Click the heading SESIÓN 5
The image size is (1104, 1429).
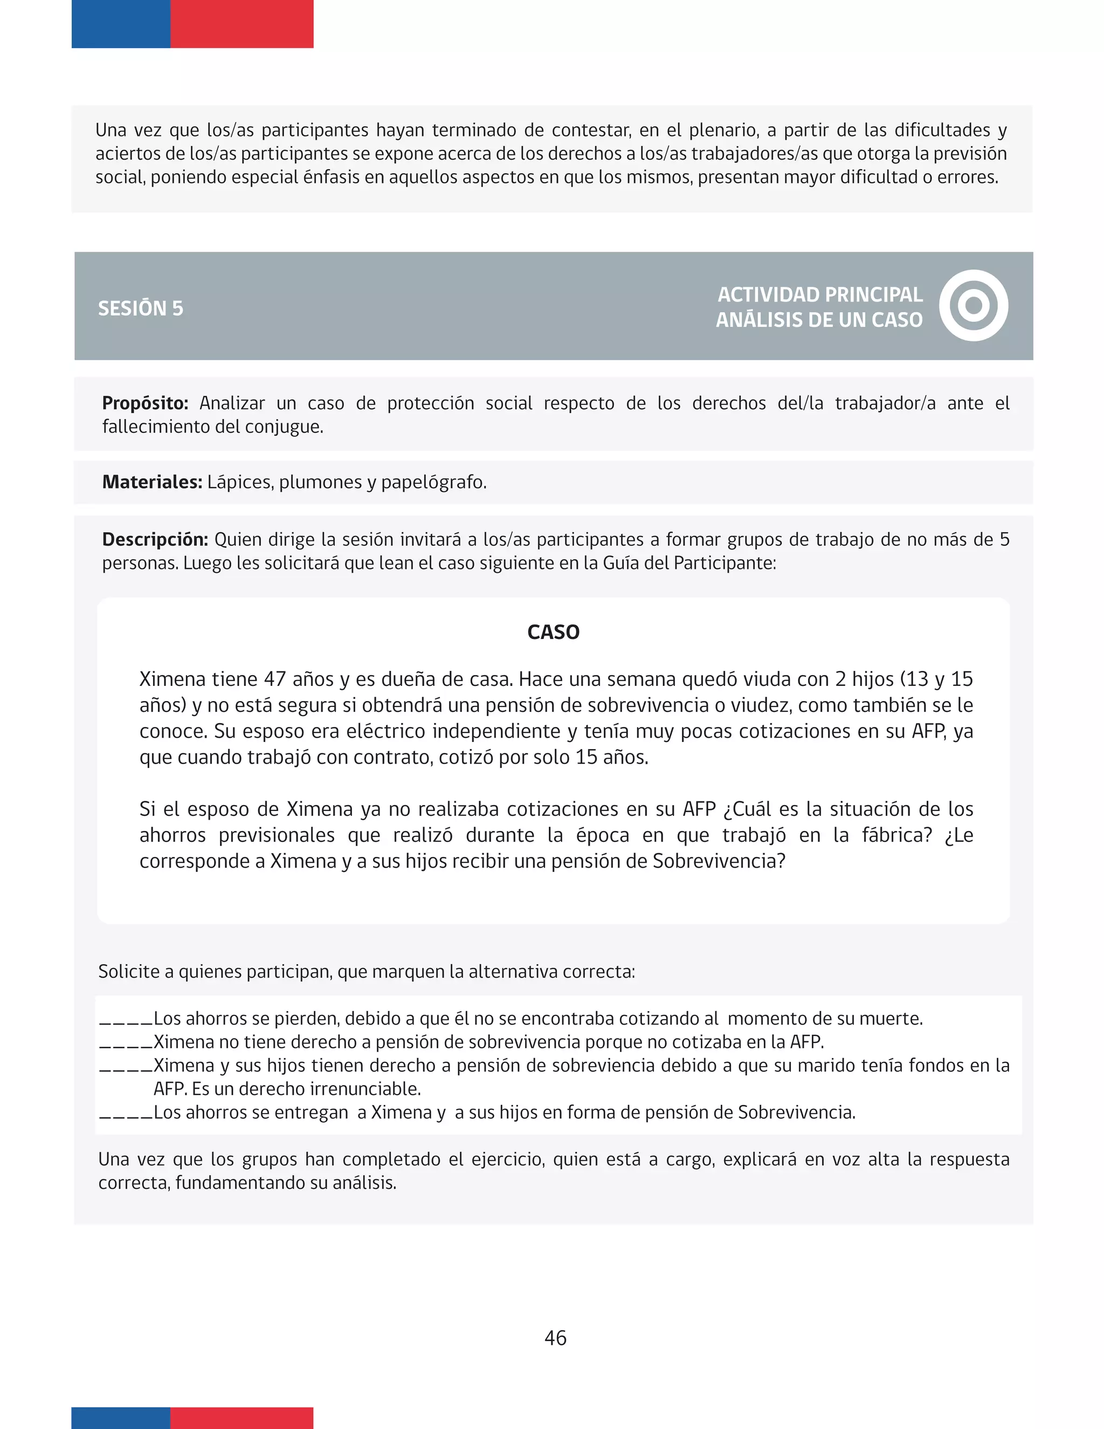click(141, 308)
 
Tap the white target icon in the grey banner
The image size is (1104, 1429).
click(973, 306)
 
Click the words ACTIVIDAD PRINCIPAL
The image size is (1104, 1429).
click(819, 294)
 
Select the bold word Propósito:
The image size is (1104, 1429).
click(145, 403)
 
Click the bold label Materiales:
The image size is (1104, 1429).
click(151, 482)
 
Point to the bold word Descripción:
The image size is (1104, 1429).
click(155, 539)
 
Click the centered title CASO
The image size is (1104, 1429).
click(553, 632)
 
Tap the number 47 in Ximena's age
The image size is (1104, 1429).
click(275, 679)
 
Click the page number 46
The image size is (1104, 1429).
click(555, 1337)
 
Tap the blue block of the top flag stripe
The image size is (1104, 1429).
click(121, 24)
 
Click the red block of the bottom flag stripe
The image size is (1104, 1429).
click(241, 1417)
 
